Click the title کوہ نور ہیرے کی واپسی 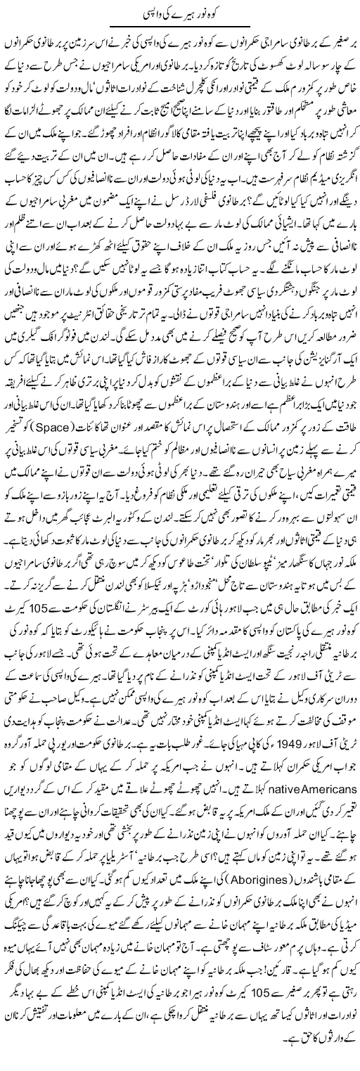[179, 13]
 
